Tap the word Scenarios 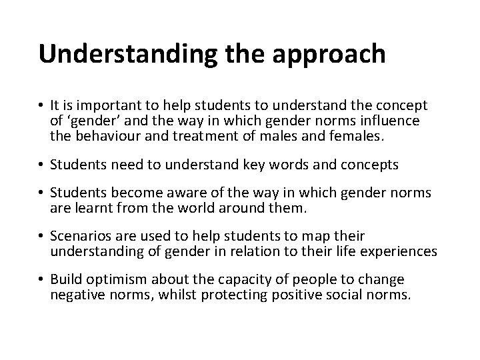(79, 237)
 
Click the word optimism (112, 280)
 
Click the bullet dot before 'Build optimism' (41, 280)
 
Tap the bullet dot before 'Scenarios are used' (41, 237)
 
